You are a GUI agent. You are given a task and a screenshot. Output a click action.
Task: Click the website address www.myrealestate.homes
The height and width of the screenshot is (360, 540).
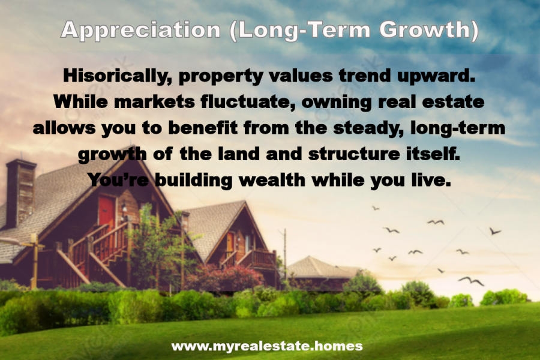click(x=267, y=346)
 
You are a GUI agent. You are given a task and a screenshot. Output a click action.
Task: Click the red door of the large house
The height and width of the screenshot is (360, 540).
click(x=106, y=213)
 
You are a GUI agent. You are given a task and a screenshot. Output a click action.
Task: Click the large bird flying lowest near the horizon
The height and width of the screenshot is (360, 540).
click(x=471, y=280)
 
